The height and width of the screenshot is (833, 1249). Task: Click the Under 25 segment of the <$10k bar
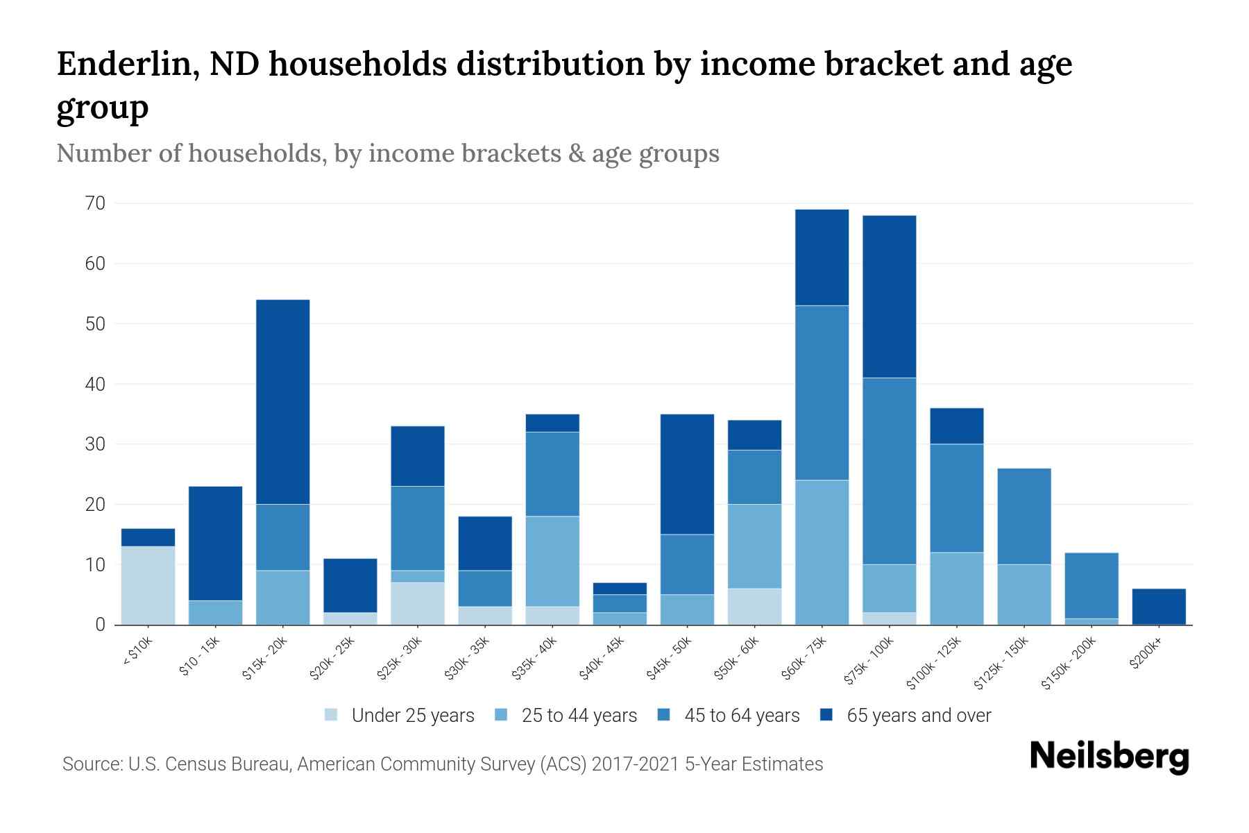point(148,585)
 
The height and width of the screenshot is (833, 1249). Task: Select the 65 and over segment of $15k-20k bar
point(282,401)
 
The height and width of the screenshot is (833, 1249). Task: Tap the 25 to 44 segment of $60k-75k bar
point(822,552)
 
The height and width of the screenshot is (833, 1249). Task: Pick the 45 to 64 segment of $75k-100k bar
point(889,471)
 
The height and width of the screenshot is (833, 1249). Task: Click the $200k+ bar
point(1158,607)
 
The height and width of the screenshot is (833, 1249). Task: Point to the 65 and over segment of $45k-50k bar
point(687,474)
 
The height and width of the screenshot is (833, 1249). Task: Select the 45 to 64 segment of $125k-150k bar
point(1023,516)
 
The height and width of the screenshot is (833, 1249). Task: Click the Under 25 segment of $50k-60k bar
point(754,606)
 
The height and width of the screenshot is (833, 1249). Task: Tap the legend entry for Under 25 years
point(412,716)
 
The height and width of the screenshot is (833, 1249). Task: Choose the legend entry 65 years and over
point(918,716)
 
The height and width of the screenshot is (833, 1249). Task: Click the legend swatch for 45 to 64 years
point(664,715)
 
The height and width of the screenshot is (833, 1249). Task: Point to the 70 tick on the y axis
point(95,203)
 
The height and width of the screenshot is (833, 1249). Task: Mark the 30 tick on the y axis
point(95,444)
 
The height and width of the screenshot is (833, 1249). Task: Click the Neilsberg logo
point(1109,757)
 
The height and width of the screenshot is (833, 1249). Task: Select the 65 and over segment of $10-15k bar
point(215,543)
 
